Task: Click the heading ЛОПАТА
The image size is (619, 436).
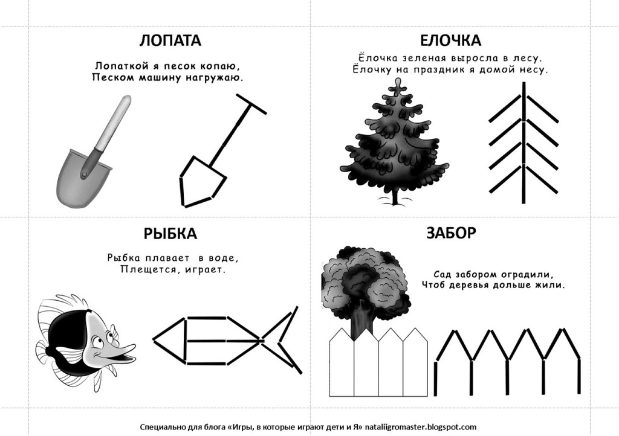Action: point(170,40)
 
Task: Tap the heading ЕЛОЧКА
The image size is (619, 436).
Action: point(450,40)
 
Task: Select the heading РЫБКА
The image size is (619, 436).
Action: point(170,234)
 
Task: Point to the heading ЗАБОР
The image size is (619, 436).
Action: point(451,233)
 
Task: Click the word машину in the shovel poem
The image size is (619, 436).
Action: point(157,77)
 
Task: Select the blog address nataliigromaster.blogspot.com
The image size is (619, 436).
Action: point(421,427)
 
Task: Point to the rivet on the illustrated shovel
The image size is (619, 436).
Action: point(84,174)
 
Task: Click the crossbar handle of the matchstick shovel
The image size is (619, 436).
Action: point(251,104)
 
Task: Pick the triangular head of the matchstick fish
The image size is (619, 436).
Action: point(170,340)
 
